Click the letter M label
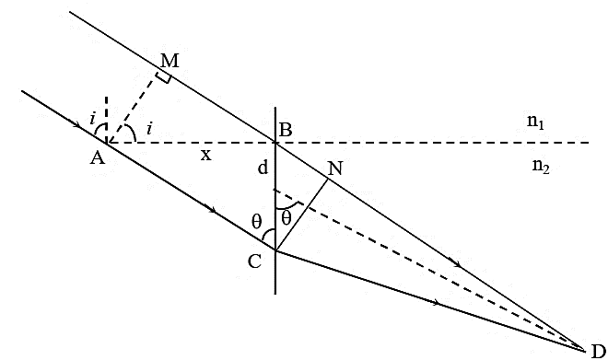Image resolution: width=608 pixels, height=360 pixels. [170, 61]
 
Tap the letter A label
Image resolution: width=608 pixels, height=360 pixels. [98, 157]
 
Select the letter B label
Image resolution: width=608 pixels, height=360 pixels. [286, 130]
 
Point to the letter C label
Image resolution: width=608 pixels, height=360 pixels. [254, 262]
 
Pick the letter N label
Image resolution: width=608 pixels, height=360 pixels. [336, 168]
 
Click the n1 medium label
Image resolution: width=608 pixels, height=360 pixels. [535, 122]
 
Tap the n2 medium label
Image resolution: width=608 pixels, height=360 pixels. [541, 167]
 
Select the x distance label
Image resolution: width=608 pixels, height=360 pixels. [206, 155]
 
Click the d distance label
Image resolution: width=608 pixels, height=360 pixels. [263, 168]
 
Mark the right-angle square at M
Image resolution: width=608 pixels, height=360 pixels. [164, 77]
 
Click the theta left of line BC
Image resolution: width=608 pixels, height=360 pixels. [257, 222]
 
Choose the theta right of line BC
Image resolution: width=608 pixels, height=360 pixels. [286, 219]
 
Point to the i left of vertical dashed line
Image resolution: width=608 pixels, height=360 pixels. [92, 119]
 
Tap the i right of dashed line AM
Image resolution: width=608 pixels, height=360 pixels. [149, 128]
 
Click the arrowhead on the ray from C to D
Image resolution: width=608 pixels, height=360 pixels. [437, 302]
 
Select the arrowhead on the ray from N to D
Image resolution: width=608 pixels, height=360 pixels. [457, 264]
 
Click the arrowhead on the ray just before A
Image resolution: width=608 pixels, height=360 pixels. [78, 125]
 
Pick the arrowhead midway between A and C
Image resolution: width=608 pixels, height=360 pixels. [212, 210]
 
